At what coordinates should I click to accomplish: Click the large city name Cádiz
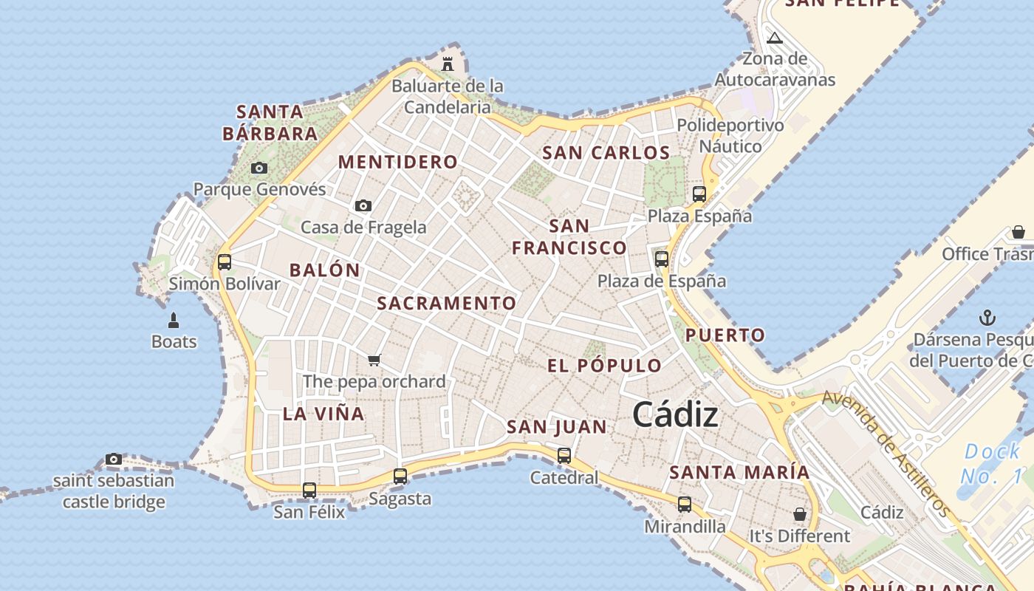tap(675, 414)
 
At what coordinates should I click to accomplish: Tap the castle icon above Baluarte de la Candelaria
tap(448, 64)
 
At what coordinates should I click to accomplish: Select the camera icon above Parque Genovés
tap(258, 168)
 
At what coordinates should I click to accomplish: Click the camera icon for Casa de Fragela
tap(363, 205)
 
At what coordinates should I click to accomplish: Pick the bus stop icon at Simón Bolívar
tap(225, 262)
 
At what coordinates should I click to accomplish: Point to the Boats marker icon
tap(174, 320)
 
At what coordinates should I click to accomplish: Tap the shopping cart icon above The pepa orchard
tap(374, 360)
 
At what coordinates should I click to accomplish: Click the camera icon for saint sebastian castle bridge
tap(113, 459)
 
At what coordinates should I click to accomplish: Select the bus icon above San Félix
tap(309, 490)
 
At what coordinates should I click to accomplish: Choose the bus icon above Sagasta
tap(400, 476)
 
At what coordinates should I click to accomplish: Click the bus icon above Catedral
tap(564, 456)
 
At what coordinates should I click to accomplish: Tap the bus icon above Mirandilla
tap(685, 505)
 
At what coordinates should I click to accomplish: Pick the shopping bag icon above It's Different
tap(800, 513)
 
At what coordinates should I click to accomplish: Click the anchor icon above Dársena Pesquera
tap(987, 318)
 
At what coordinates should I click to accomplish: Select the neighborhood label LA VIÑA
tap(323, 414)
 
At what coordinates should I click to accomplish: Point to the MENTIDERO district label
tap(398, 162)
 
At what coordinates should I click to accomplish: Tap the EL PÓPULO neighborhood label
tap(604, 366)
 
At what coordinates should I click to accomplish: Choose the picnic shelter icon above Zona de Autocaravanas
tap(774, 38)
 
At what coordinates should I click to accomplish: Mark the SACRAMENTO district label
tap(447, 303)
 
